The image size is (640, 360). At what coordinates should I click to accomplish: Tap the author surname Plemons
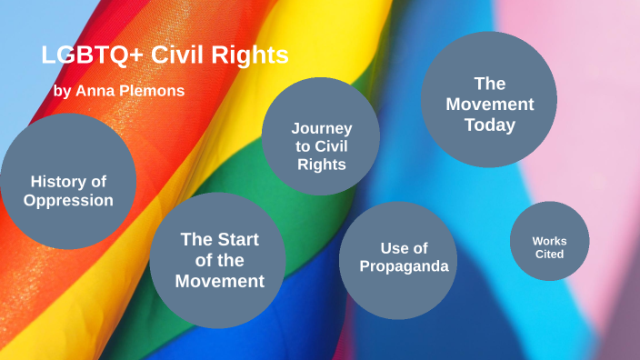click(155, 91)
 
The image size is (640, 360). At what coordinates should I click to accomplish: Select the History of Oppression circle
click(68, 181)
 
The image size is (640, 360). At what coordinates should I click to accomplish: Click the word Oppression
click(69, 200)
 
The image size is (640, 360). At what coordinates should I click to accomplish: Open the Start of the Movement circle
click(218, 260)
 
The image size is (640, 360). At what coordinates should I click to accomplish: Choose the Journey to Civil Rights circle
click(321, 145)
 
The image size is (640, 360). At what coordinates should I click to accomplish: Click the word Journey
click(321, 128)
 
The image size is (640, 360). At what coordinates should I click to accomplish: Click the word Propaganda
click(404, 265)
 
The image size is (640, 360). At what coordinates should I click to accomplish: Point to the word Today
click(490, 125)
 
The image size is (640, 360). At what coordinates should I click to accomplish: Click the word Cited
click(549, 254)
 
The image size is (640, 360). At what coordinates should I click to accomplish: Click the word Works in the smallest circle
click(549, 241)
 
